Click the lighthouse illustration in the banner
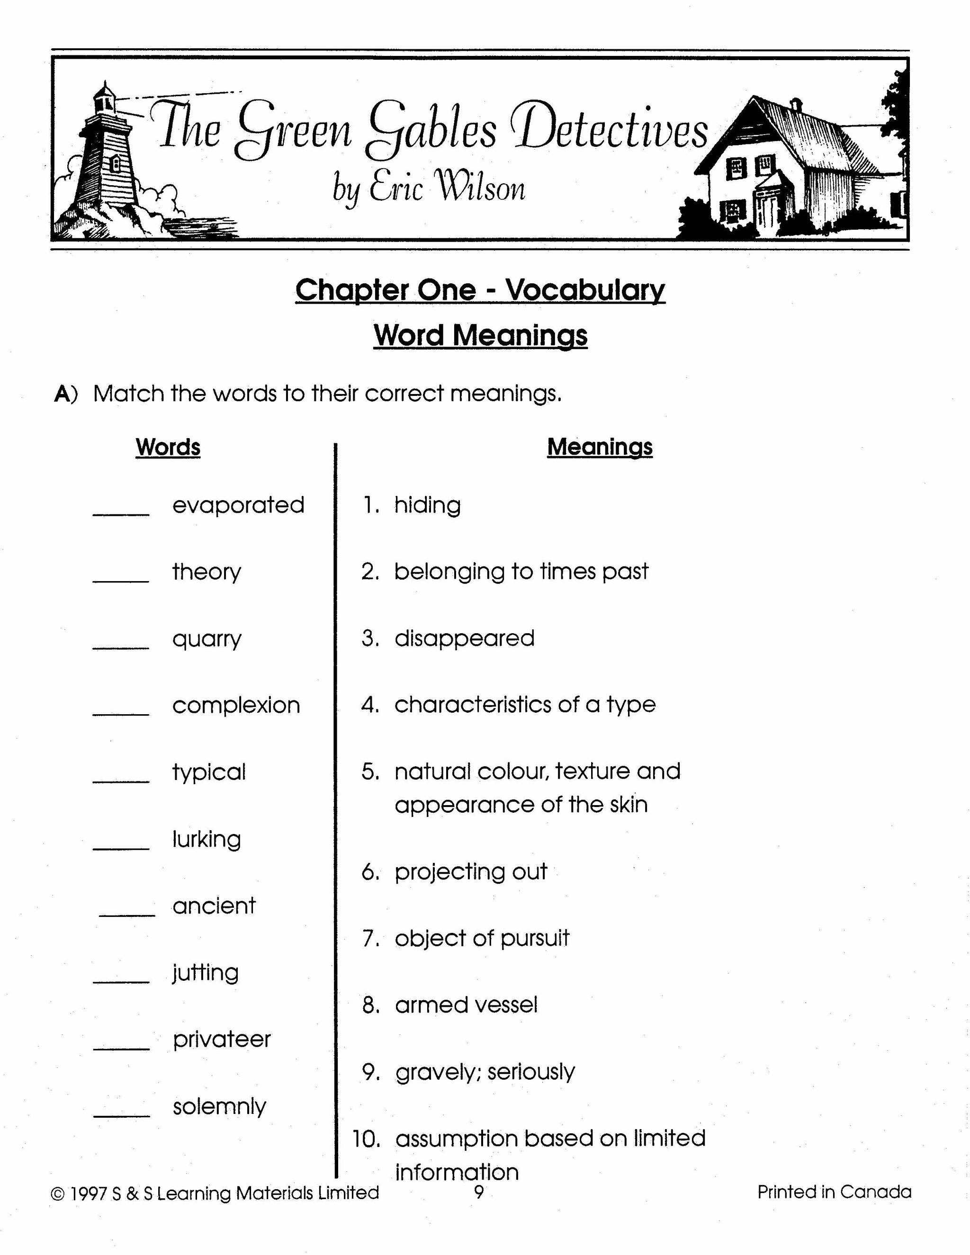tap(103, 161)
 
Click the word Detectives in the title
tap(612, 129)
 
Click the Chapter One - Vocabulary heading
tap(480, 290)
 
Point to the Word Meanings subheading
tap(480, 335)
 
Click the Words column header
tap(168, 447)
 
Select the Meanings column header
tap(599, 447)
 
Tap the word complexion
tap(236, 705)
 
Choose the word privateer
tap(222, 1039)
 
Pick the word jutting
tap(205, 973)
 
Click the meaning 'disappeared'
tap(464, 638)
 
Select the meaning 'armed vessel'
tap(466, 1005)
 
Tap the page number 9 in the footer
tap(479, 1192)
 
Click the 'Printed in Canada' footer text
tap(834, 1192)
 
